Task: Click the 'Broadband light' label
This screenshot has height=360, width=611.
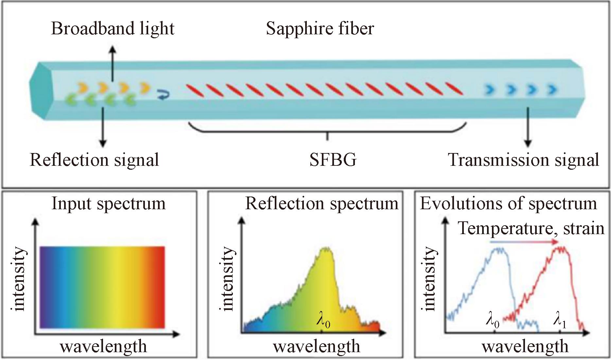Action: click(113, 28)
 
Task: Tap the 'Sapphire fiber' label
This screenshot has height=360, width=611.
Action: click(320, 28)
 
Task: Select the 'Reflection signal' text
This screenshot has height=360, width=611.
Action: click(95, 160)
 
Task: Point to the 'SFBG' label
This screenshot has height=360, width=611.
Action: click(333, 160)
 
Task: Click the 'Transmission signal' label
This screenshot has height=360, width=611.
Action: click(523, 160)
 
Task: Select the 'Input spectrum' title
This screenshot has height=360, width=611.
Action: click(109, 204)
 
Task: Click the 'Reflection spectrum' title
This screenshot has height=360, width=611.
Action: click(322, 204)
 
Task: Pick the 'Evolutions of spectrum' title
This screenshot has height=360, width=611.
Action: click(508, 204)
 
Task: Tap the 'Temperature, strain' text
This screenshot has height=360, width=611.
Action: click(531, 228)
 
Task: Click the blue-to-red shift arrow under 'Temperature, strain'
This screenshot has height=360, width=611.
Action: click(524, 242)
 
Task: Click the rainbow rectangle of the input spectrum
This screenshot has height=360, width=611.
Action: click(102, 287)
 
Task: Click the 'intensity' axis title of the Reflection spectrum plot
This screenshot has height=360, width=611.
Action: click(227, 279)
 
